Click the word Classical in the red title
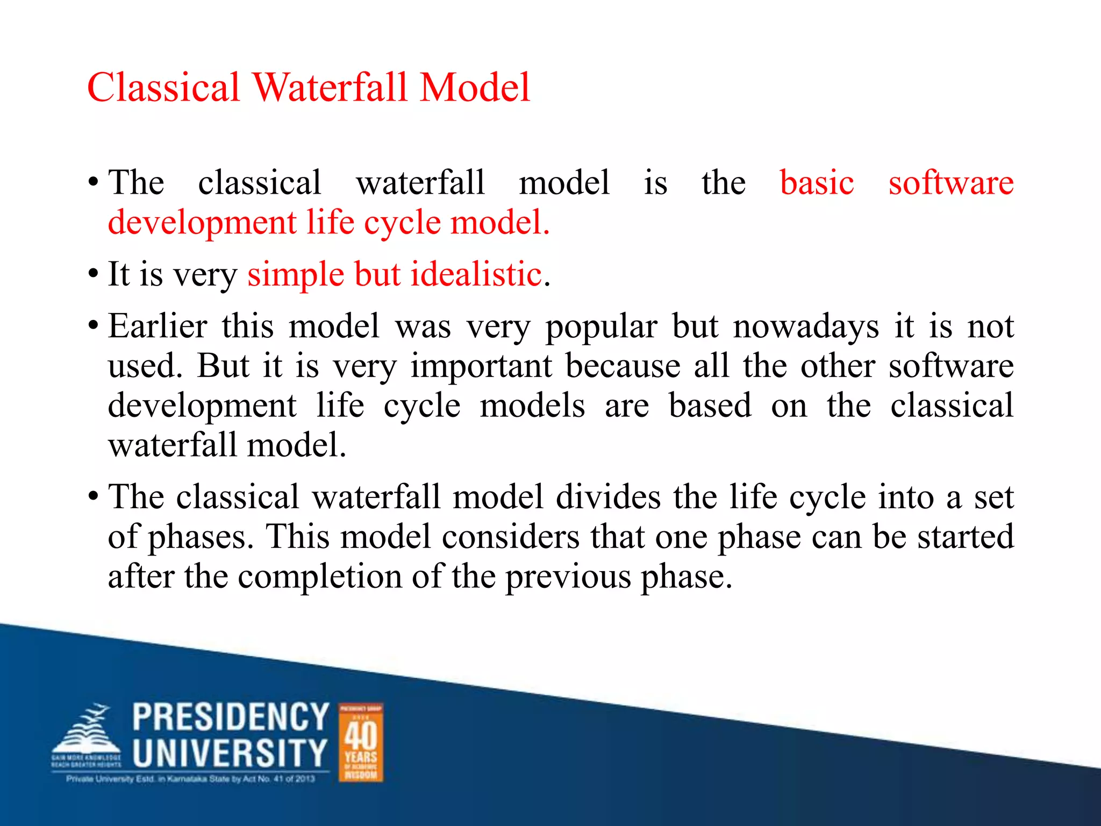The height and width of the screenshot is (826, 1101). tap(163, 88)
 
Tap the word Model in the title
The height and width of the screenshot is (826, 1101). tap(475, 88)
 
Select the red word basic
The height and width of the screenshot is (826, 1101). tap(816, 183)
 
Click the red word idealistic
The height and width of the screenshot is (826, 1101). tap(476, 274)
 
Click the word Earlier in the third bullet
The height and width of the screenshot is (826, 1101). tap(158, 326)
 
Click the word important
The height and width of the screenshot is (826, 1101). tap(481, 367)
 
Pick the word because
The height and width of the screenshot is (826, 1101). tap(623, 367)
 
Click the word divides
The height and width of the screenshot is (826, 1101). tap(608, 497)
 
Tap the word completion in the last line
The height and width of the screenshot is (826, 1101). tap(320, 577)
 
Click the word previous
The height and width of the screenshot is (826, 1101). tap(568, 577)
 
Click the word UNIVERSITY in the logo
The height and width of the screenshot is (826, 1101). tap(230, 753)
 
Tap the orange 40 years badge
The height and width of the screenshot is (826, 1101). tap(361, 742)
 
